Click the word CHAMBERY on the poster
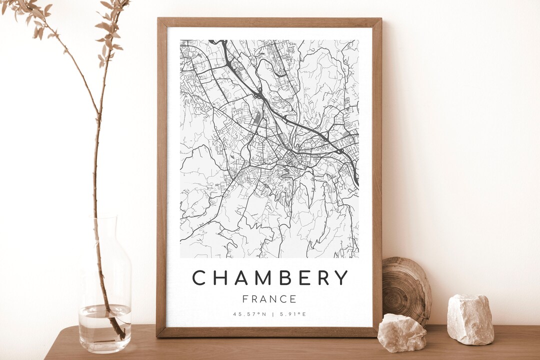(270, 278)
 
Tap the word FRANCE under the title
(269, 299)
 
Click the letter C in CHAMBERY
(199, 278)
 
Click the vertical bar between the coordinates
(272, 314)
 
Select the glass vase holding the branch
(104, 300)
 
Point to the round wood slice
(406, 290)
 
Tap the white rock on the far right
(470, 319)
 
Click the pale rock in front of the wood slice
(401, 332)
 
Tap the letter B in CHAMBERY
(282, 278)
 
